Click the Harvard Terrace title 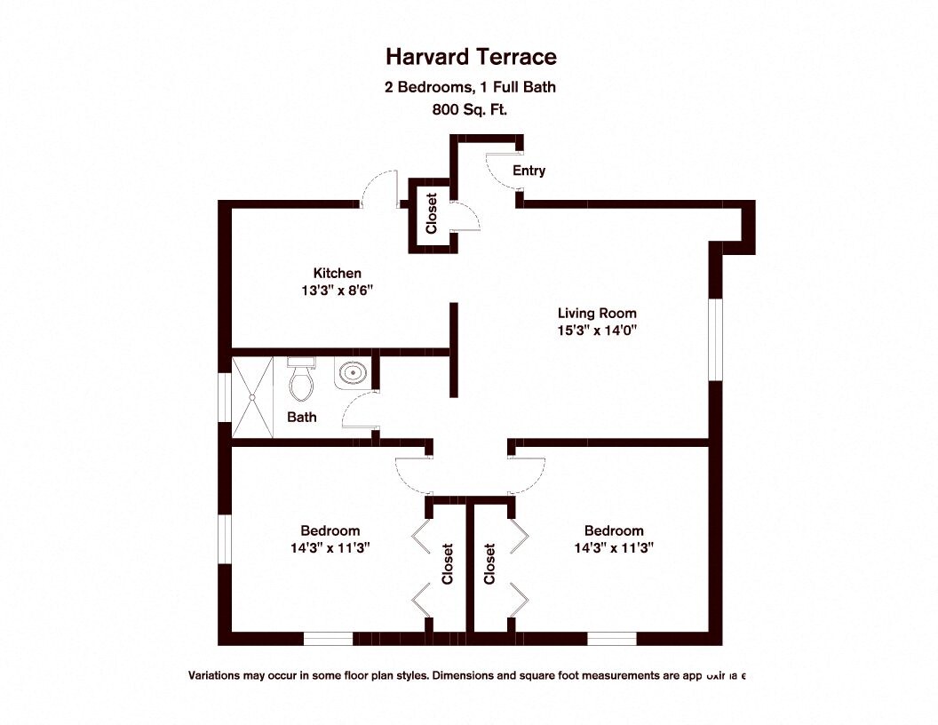point(471,58)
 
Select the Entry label point(529,171)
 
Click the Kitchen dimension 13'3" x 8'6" point(337,290)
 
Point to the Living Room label point(597,313)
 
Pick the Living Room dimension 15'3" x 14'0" point(597,330)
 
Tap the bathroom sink point(352,374)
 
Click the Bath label point(302,417)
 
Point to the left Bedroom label point(330,530)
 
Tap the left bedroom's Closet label point(448,564)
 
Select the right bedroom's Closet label point(489,564)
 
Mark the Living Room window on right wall point(714,339)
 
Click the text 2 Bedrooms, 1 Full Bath point(471,87)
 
